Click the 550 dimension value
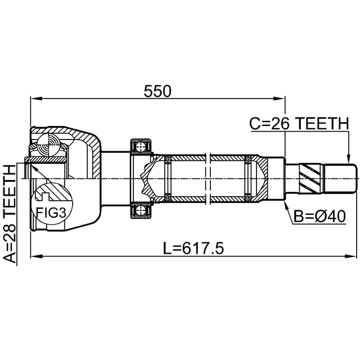coord(157,91)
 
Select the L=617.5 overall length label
coord(193,249)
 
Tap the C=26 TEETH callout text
coord(299,123)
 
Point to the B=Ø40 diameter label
coord(319,216)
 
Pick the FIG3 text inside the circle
coord(51,213)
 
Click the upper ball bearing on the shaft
coord(141,146)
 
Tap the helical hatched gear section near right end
coord(310,178)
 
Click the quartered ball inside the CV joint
coord(49,145)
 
